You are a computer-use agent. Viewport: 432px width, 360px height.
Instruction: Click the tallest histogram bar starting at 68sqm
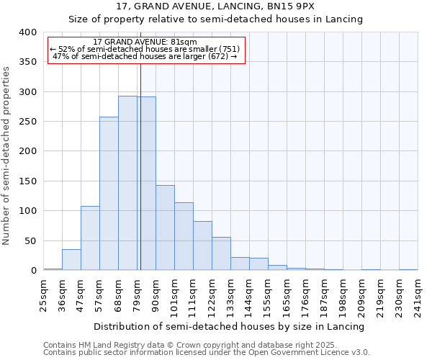[x=127, y=183]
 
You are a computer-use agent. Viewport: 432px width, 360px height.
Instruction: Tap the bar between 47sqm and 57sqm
[x=90, y=238]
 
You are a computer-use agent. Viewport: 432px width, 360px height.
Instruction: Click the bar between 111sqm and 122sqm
[x=202, y=246]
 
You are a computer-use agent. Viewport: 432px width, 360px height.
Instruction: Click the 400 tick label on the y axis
[x=27, y=32]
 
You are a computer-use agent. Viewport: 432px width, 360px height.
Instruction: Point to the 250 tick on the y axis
[x=27, y=122]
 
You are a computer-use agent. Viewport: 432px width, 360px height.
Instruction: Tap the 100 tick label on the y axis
[x=27, y=211]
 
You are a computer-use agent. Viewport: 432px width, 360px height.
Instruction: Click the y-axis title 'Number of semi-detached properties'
[x=6, y=155]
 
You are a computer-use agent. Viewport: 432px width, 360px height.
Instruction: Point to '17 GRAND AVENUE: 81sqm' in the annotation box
[x=145, y=42]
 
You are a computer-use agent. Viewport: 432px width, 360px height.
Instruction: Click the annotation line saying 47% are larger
[x=145, y=56]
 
